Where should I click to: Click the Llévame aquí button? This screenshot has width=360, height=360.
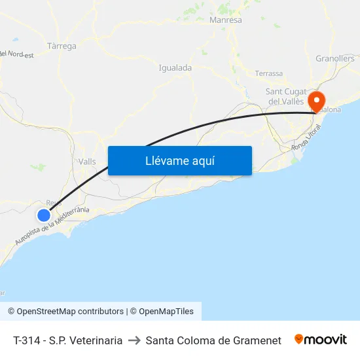pyautogui.click(x=179, y=160)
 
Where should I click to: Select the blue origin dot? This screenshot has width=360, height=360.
pyautogui.click(x=44, y=215)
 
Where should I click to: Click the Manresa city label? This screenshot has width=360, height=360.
pyautogui.click(x=225, y=20)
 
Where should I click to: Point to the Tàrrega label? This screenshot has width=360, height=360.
pyautogui.click(x=62, y=46)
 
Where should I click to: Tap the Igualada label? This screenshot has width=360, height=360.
pyautogui.click(x=175, y=67)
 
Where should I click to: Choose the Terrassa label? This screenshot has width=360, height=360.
pyautogui.click(x=269, y=73)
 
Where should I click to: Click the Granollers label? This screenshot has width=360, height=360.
pyautogui.click(x=334, y=58)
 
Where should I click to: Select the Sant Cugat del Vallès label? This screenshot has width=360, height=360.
pyautogui.click(x=285, y=96)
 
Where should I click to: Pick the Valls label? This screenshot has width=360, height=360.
pyautogui.click(x=86, y=162)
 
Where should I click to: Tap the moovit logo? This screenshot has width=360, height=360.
pyautogui.click(x=321, y=340)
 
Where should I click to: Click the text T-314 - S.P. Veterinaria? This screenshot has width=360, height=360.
pyautogui.click(x=67, y=340)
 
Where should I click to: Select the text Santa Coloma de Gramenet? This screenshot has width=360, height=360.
pyautogui.click(x=213, y=340)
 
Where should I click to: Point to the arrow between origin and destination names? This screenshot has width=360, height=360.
pyautogui.click(x=134, y=340)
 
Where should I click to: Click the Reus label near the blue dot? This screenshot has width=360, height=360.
pyautogui.click(x=54, y=203)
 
